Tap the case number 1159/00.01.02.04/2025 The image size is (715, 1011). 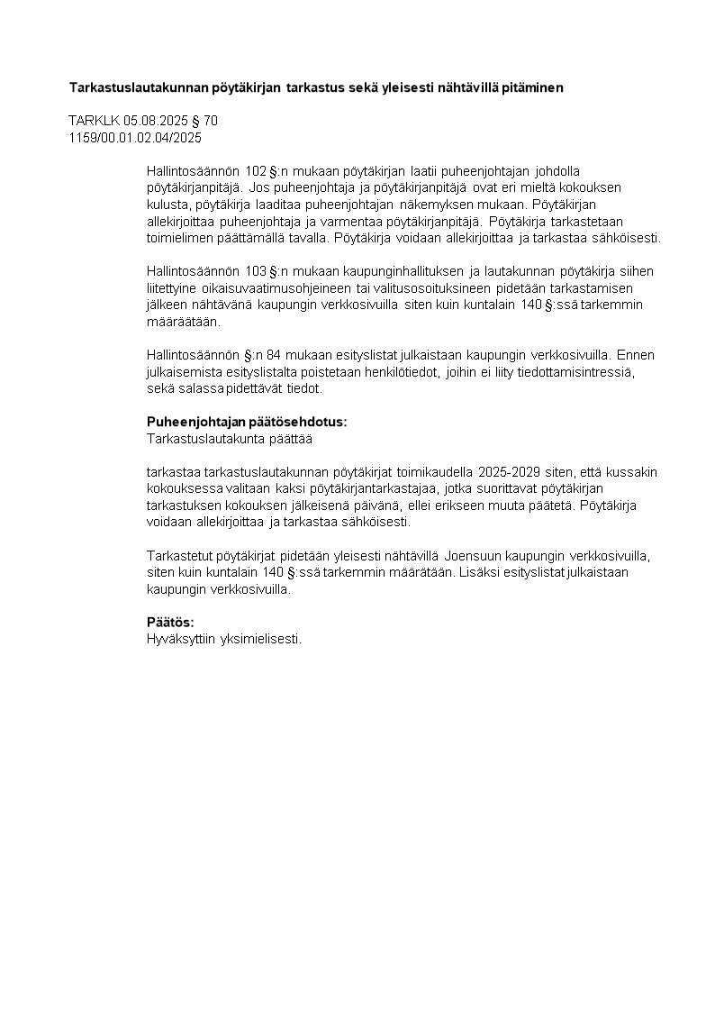click(135, 138)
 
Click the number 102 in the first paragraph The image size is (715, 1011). click(257, 170)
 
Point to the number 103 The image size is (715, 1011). click(257, 271)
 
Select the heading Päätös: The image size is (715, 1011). click(170, 623)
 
